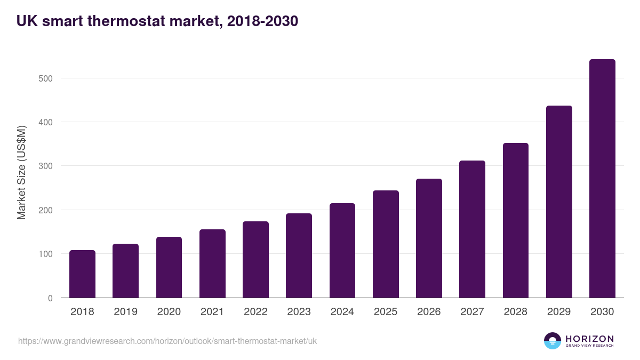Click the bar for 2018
click(82, 274)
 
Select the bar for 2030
click(602, 179)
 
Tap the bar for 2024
click(342, 251)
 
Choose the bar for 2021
click(212, 263)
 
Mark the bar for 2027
click(472, 229)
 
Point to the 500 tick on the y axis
click(46, 78)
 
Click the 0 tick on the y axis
click(50, 298)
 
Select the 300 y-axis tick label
click(46, 166)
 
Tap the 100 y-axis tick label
click(46, 254)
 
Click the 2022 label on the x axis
click(255, 312)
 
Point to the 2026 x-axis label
click(429, 312)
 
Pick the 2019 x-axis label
click(125, 312)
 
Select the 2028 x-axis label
click(516, 312)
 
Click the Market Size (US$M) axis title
click(21, 172)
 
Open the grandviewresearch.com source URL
click(167, 341)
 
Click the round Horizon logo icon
click(553, 341)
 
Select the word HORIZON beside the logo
click(589, 339)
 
